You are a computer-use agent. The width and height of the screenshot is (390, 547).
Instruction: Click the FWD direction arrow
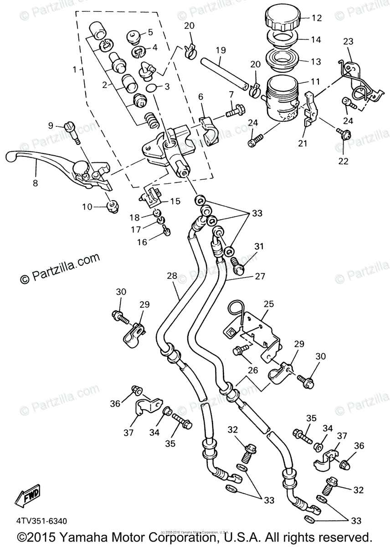pyautogui.click(x=27, y=495)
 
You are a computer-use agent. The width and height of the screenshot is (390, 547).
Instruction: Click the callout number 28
pyautogui.click(x=171, y=276)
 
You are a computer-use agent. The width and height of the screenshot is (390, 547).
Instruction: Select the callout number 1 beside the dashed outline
pyautogui.click(x=75, y=70)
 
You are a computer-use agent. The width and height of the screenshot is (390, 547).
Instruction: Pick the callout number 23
pyautogui.click(x=348, y=41)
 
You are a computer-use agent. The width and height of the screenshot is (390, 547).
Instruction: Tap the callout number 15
pyautogui.click(x=175, y=201)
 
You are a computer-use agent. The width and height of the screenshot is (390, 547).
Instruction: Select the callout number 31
pyautogui.click(x=259, y=247)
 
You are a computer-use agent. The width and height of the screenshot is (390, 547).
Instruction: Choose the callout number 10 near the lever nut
pyautogui.click(x=87, y=207)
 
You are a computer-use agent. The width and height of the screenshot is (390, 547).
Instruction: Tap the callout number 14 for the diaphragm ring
pyautogui.click(x=316, y=39)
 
